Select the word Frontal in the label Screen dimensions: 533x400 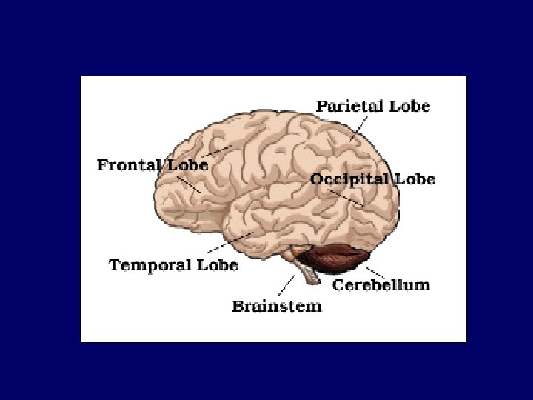pyautogui.click(x=129, y=164)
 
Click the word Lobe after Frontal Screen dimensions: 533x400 pyautogui.click(x=187, y=164)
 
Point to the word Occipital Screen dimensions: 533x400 pyautogui.click(x=349, y=179)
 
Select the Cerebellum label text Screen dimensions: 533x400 pyautogui.click(x=381, y=284)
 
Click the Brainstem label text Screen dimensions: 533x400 pyautogui.click(x=276, y=305)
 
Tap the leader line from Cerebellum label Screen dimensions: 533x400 pyautogui.click(x=375, y=272)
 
